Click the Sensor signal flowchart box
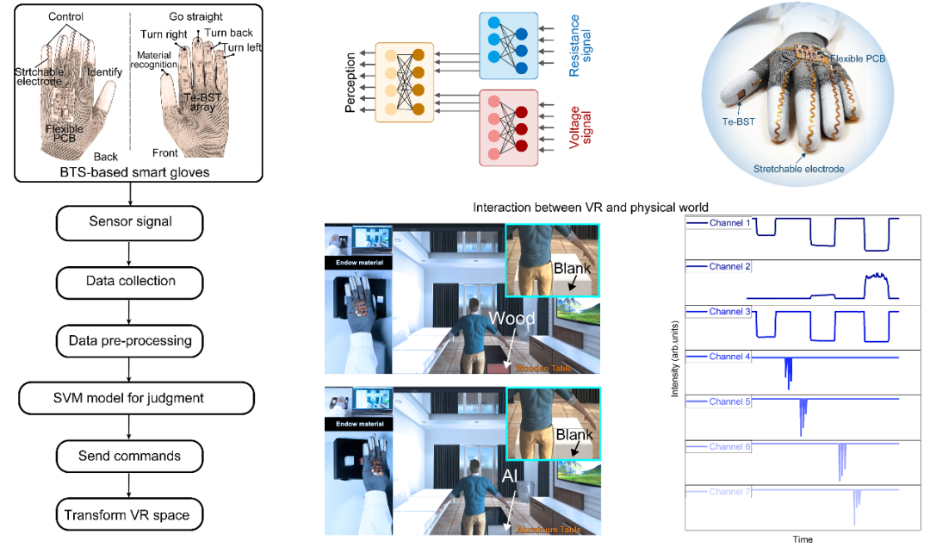129,222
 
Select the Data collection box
129,281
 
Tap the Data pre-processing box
129,340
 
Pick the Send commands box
129,456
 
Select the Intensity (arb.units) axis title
673,370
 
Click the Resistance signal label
581,45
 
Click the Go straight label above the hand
196,17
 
